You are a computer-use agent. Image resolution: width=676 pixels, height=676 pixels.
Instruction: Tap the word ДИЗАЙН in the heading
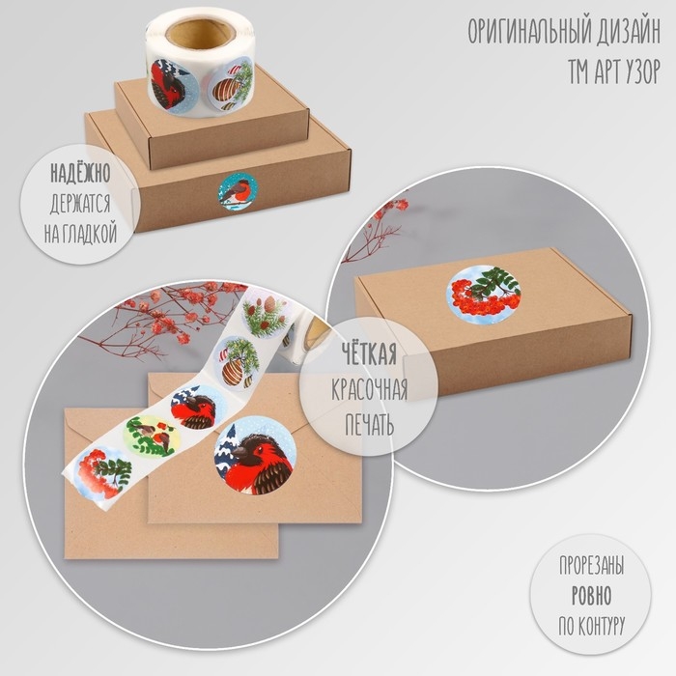[x=629, y=32]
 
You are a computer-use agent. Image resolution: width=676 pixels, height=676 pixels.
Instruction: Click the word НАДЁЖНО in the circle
[x=80, y=173]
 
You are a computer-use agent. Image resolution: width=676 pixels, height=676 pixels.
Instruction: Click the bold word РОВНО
[x=591, y=596]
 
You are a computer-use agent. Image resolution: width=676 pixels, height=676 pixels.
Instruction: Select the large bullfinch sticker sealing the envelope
[x=255, y=455]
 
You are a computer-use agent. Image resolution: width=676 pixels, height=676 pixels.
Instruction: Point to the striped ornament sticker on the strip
[x=238, y=362]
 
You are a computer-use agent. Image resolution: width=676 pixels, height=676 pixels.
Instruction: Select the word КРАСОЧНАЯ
[x=370, y=389]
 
